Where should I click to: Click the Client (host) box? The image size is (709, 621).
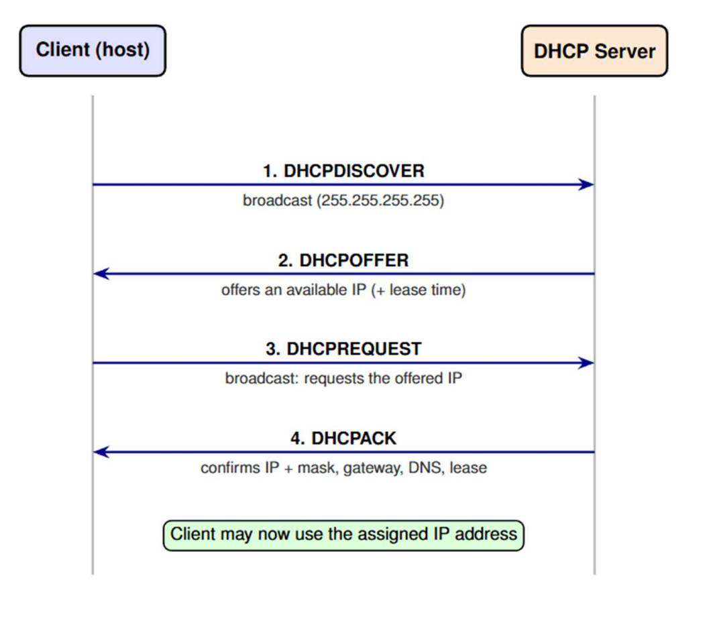coord(93,50)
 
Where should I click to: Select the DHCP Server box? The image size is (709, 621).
coord(594,50)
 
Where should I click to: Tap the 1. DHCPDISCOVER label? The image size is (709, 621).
coord(343,171)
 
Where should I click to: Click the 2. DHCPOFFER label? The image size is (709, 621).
coord(343,260)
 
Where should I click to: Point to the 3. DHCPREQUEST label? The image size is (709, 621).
coord(343,349)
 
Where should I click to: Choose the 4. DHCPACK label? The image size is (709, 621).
coord(343,438)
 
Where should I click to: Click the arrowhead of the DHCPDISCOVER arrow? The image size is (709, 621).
coord(586,184)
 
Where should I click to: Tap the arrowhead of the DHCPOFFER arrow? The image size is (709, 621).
coord(101,274)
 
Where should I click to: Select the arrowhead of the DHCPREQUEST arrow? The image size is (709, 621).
coord(586,363)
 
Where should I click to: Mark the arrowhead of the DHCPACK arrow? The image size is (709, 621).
coord(101,452)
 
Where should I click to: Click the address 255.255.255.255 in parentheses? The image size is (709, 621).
coord(380,201)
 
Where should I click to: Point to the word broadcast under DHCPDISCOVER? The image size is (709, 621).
coord(277,201)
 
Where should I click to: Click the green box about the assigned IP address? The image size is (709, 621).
coord(343,536)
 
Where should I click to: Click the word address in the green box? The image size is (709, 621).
coord(486,534)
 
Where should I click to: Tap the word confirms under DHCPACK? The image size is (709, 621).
coord(230,467)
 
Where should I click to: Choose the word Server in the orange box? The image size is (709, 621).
coord(625,51)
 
